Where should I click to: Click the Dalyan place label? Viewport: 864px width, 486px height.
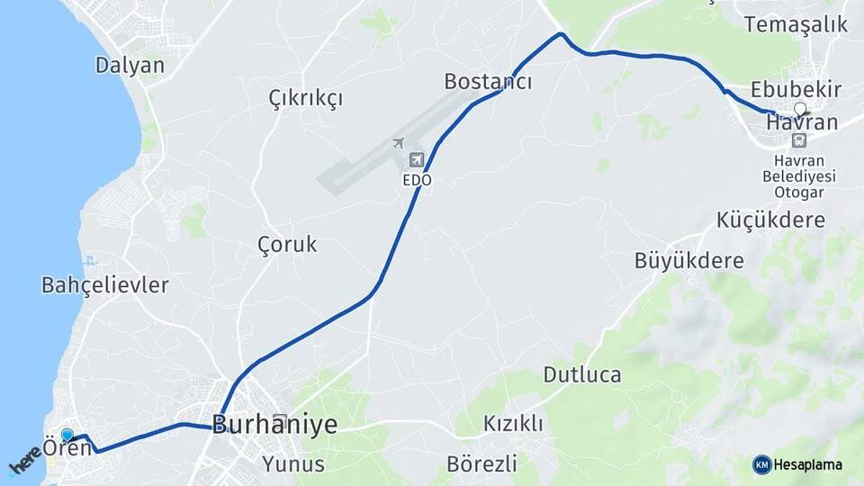click(130, 65)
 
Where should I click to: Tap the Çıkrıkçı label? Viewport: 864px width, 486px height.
click(306, 98)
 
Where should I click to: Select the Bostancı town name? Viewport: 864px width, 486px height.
click(488, 82)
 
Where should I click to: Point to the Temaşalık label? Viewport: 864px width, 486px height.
click(796, 24)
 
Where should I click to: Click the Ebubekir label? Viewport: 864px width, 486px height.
click(796, 89)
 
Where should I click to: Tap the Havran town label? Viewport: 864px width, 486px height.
click(801, 121)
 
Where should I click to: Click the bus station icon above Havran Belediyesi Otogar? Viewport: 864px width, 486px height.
click(798, 140)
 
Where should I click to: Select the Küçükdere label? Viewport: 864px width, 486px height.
click(770, 220)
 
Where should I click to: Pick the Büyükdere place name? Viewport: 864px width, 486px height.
click(689, 261)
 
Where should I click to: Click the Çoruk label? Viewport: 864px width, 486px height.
click(287, 244)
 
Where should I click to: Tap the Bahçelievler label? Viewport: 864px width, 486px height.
click(105, 285)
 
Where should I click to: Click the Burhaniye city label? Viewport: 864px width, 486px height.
click(274, 424)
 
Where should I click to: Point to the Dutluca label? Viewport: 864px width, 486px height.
click(581, 374)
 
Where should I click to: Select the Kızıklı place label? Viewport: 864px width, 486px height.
click(513, 423)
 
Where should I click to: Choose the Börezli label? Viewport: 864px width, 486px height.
click(481, 464)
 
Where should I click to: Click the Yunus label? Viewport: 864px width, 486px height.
click(293, 464)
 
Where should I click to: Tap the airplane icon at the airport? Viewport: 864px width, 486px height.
click(398, 142)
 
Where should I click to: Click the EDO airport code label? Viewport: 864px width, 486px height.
click(417, 180)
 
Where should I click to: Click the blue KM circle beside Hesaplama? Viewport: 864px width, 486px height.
click(761, 464)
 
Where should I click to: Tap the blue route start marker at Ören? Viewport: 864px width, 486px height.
click(67, 436)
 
